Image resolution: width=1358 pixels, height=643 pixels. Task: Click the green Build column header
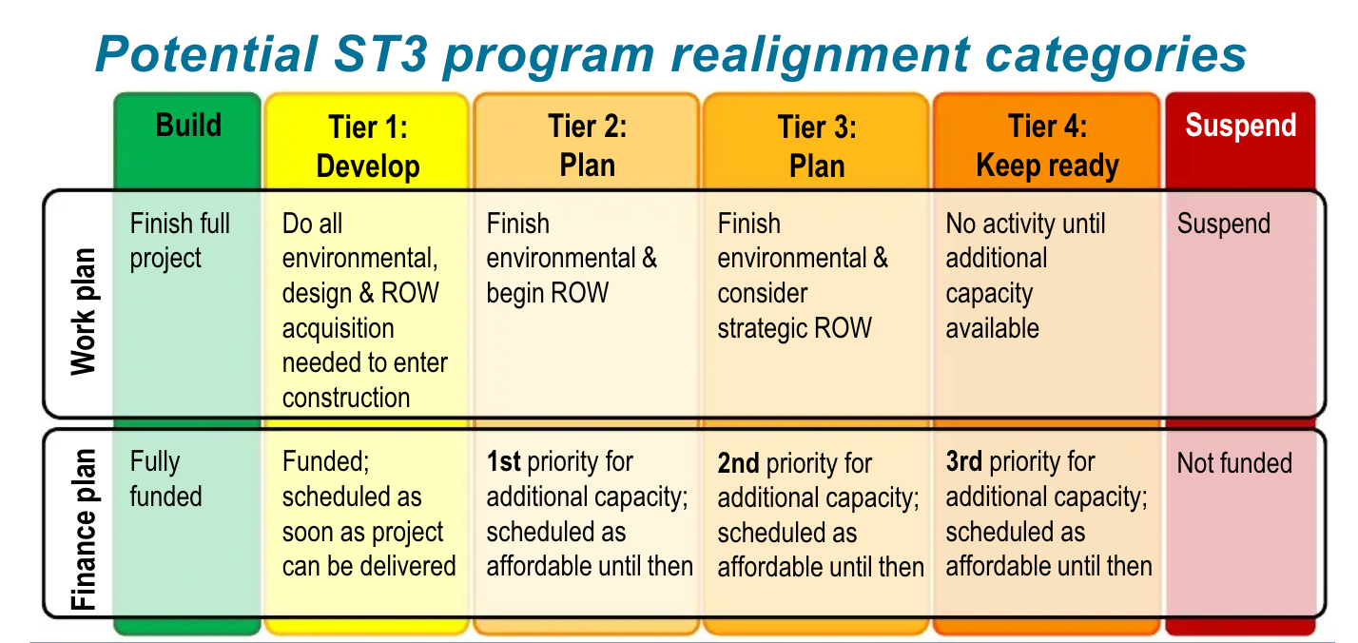click(188, 127)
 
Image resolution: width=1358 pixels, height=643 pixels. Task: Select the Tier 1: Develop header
click(368, 146)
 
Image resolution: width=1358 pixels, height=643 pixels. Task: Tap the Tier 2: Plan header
click(587, 146)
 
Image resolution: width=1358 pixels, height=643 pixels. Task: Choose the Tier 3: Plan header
click(817, 146)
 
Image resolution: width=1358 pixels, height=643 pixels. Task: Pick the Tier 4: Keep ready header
click(1047, 146)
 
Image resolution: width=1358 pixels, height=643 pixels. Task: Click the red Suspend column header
click(1240, 127)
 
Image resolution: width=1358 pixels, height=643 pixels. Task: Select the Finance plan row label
click(84, 529)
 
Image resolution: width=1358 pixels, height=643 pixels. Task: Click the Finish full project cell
click(180, 241)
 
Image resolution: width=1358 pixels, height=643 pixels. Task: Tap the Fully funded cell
click(165, 479)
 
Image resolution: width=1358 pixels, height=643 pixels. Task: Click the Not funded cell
click(1234, 463)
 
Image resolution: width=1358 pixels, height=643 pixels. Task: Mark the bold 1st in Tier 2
click(503, 462)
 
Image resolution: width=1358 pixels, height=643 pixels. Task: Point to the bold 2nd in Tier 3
click(738, 463)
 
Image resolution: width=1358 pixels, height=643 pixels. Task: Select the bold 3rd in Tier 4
click(963, 462)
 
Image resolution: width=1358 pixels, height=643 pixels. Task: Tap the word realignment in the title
click(823, 55)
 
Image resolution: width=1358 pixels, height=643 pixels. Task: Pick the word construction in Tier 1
click(346, 398)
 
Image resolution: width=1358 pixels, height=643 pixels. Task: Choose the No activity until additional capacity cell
click(1024, 276)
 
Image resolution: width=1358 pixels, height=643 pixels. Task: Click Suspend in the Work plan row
click(1223, 224)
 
